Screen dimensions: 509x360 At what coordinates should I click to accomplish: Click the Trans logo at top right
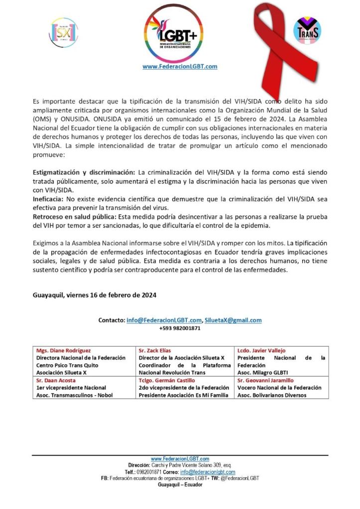[307, 31]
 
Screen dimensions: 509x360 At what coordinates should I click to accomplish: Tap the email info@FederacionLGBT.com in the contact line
[164, 320]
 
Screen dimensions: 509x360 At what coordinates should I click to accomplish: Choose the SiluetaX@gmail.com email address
[233, 320]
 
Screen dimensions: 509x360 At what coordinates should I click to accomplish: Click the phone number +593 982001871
[180, 328]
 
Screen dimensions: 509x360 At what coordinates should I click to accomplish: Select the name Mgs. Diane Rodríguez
[64, 350]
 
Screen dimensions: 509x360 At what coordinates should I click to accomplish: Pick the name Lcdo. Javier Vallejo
[261, 350]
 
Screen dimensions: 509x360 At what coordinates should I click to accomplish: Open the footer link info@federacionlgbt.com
[208, 472]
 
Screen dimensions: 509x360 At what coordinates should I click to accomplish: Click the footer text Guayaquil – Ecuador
[180, 485]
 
